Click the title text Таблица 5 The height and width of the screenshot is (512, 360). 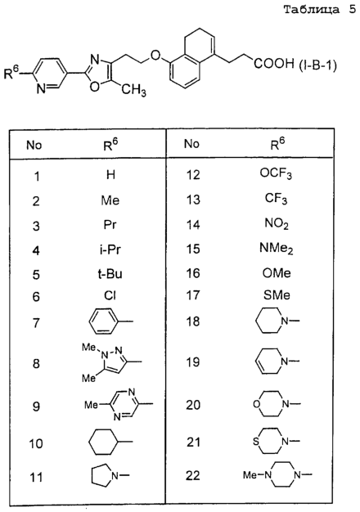319,10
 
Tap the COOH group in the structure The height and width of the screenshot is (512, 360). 274,63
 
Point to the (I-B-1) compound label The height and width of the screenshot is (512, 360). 317,65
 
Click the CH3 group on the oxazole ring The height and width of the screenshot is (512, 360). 134,89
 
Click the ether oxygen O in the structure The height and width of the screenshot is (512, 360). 156,55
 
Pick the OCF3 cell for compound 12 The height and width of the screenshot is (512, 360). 276,173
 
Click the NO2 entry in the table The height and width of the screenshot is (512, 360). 277,224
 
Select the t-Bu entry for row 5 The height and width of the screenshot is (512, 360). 110,274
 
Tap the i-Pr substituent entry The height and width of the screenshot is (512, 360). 110,249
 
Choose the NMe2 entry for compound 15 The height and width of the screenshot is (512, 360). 276,249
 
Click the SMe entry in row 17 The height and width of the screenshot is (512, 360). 277,295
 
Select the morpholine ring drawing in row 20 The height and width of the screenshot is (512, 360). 271,404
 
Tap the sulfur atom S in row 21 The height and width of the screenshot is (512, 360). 256,442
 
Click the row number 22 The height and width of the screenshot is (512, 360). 193,475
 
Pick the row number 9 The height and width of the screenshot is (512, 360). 36,406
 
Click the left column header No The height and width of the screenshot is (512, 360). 34,145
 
